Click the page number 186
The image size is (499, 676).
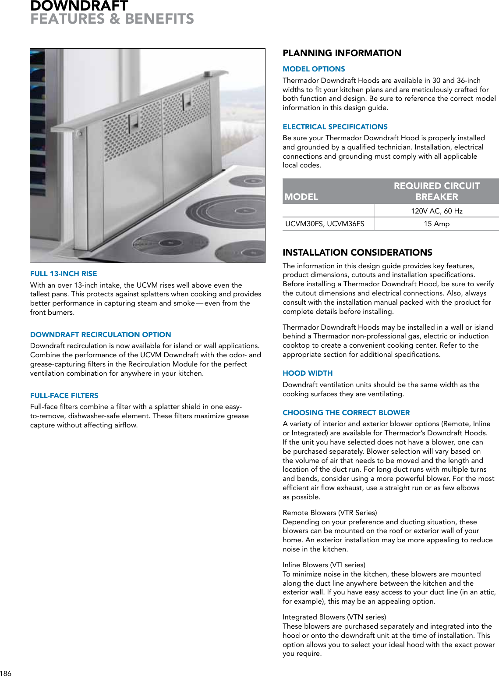(6, 673)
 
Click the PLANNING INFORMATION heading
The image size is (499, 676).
(342, 53)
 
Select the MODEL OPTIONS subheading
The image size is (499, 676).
(314, 69)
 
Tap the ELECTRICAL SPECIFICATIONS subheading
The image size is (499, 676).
(335, 127)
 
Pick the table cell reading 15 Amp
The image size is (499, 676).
(436, 224)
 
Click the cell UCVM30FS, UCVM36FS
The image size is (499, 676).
(325, 224)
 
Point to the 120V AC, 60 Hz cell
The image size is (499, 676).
(436, 211)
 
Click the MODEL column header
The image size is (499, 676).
(301, 196)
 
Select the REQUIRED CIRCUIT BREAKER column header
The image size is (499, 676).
(436, 191)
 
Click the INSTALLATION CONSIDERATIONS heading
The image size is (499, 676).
(357, 253)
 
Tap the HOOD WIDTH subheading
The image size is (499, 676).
(308, 373)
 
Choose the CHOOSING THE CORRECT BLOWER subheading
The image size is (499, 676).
(346, 413)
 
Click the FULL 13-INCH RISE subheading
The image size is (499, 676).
(64, 274)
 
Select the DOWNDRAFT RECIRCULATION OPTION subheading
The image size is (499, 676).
(101, 334)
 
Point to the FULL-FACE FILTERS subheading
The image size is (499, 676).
(64, 395)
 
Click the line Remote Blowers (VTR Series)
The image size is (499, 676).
(330, 512)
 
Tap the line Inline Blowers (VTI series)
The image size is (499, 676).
(324, 565)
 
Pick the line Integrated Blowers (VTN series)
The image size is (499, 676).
(334, 617)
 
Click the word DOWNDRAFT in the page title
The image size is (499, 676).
(79, 6)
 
